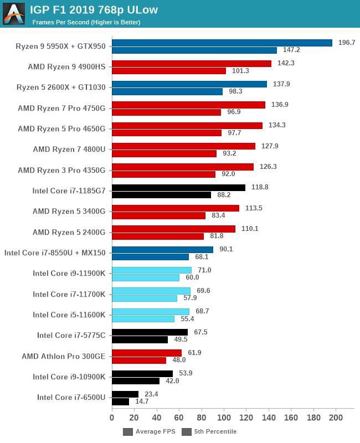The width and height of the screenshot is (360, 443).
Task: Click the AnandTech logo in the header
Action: (x=14, y=14)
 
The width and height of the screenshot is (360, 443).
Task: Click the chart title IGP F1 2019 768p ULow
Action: (x=94, y=10)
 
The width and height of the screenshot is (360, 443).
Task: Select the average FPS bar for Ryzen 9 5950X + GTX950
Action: (x=222, y=43)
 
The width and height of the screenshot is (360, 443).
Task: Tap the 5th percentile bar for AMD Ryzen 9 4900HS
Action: (x=169, y=71)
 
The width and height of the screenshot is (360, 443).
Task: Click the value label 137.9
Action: (x=278, y=84)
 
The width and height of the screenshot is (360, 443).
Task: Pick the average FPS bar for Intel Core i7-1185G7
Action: (x=178, y=188)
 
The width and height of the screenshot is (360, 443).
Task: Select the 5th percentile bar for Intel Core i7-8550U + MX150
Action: (x=150, y=257)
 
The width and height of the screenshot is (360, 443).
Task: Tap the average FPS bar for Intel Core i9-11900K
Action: (x=152, y=270)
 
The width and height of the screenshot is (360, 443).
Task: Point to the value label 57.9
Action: (x=188, y=298)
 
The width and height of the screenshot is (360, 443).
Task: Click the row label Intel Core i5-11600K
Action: (x=69, y=315)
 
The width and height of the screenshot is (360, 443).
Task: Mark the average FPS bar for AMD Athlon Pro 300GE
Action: (x=147, y=353)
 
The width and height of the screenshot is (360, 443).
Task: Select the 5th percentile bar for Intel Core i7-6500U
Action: (x=120, y=401)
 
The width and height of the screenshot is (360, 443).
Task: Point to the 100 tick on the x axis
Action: (x=224, y=418)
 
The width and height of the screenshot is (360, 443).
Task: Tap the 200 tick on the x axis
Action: (x=336, y=418)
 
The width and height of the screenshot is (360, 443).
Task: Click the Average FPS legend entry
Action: (x=150, y=432)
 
